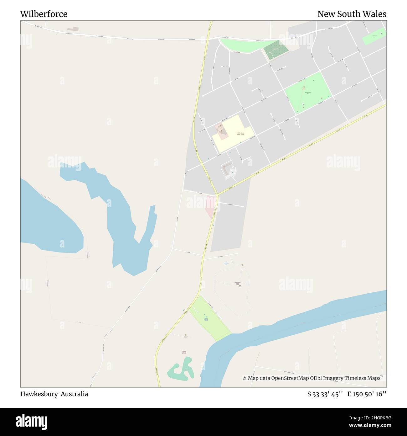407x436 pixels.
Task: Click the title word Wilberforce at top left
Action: pyautogui.click(x=44, y=14)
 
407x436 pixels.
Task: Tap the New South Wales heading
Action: pyautogui.click(x=352, y=14)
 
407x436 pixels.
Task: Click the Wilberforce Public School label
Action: pyautogui.click(x=240, y=133)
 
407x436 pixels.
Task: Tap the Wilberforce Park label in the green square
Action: pyautogui.click(x=308, y=93)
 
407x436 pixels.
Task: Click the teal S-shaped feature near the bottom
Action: pyautogui.click(x=180, y=372)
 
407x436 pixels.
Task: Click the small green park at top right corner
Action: pyautogui.click(x=374, y=36)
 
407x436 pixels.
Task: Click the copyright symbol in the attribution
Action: pyautogui.click(x=244, y=378)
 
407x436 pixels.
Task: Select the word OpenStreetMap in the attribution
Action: pyautogui.click(x=286, y=378)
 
